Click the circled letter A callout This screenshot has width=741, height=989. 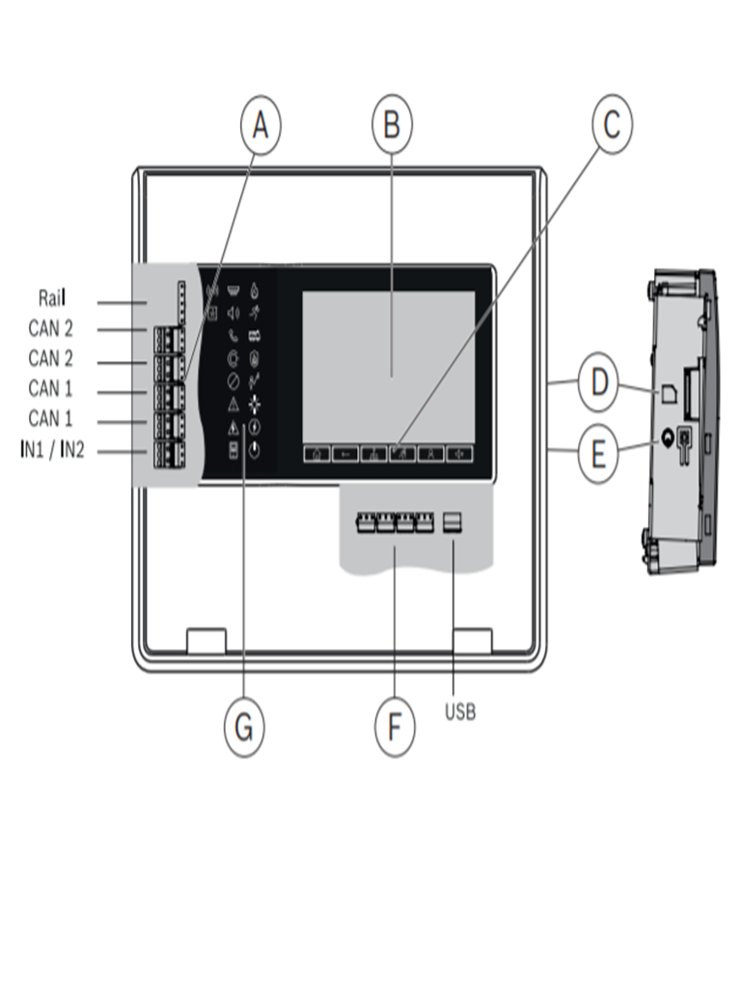(259, 128)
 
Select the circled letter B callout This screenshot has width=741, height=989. (392, 126)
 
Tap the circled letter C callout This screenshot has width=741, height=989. (611, 126)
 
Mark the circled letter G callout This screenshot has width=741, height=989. (244, 726)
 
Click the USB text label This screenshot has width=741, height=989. (460, 713)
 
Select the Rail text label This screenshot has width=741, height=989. (52, 299)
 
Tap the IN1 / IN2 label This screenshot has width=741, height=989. (53, 450)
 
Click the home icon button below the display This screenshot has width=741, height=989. (316, 453)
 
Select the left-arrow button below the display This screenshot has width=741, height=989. (344, 453)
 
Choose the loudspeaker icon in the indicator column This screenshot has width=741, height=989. (233, 312)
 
